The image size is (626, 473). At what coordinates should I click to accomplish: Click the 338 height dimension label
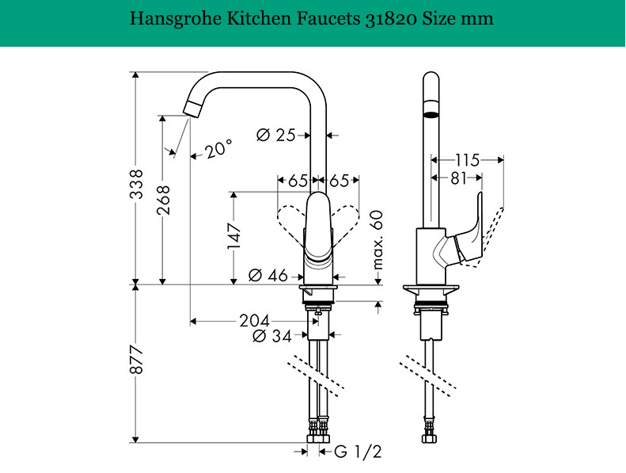point(138,183)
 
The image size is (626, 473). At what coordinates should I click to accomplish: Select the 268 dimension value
point(162,200)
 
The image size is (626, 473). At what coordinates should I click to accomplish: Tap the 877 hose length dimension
point(138,361)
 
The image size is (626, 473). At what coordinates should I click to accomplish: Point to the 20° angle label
point(218,148)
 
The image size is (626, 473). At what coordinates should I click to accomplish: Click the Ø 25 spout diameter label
point(276,135)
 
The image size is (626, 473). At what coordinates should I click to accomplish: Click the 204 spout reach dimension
point(254,321)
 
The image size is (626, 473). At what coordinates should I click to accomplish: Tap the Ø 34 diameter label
point(271,336)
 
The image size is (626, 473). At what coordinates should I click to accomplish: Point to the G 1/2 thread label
point(358,452)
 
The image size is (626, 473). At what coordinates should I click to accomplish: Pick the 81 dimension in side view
point(458,179)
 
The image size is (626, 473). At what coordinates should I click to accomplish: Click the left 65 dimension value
point(298,181)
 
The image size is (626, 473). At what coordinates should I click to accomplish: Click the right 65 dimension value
point(340,181)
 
